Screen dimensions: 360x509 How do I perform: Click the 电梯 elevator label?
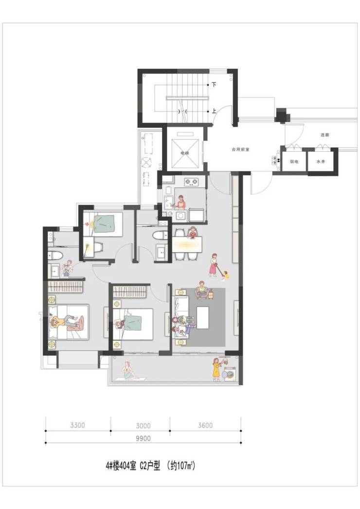[x=185, y=153]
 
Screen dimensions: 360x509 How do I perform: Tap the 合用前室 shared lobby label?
[x=240, y=150]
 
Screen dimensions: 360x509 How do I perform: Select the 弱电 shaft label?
[x=294, y=162]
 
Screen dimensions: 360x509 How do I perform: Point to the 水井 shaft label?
[x=321, y=162]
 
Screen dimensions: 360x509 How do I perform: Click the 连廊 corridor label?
[x=324, y=135]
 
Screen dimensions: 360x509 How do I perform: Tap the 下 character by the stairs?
[x=214, y=85]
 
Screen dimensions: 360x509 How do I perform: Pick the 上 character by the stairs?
[x=214, y=111]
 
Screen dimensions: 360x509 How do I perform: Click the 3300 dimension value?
[x=77, y=425]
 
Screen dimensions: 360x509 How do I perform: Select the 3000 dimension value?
[x=143, y=426]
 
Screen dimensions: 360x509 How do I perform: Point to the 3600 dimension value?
[x=205, y=425]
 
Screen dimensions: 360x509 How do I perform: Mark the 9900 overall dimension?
[x=143, y=438]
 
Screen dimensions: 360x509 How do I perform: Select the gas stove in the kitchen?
[x=192, y=182]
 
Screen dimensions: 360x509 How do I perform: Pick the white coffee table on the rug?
[x=202, y=318]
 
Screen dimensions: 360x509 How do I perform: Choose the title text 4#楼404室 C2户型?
[x=133, y=467]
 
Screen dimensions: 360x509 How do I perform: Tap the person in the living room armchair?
[x=202, y=290]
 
